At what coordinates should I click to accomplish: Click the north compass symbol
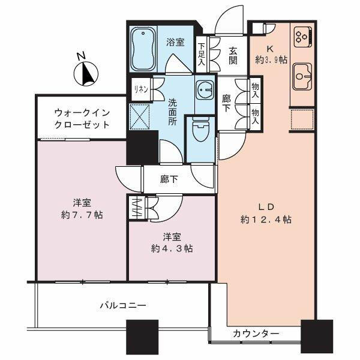click(x=86, y=73)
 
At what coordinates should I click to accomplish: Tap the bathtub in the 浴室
click(x=143, y=49)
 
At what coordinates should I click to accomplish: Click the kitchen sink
click(x=302, y=76)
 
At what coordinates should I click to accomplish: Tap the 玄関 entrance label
click(x=233, y=56)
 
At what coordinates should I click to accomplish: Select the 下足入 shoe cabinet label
click(x=202, y=54)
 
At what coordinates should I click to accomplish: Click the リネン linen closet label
click(x=141, y=89)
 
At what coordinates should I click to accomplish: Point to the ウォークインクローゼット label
click(x=82, y=119)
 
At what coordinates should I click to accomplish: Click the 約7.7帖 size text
click(x=82, y=215)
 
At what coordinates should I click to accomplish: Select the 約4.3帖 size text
click(x=172, y=248)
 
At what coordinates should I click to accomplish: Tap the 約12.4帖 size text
click(x=266, y=220)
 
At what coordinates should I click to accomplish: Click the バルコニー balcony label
click(x=123, y=305)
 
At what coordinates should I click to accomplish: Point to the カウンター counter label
click(x=256, y=334)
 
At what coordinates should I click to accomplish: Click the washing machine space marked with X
click(x=139, y=116)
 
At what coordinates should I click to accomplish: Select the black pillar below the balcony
click(x=142, y=337)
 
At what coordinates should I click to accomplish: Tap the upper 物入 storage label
click(x=256, y=91)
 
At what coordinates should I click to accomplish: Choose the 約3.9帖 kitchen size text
click(x=271, y=60)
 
